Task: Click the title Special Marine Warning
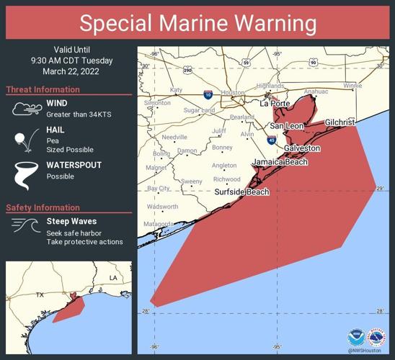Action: pyautogui.click(x=197, y=23)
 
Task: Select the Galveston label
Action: pyautogui.click(x=302, y=148)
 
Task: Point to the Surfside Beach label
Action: pyautogui.click(x=241, y=192)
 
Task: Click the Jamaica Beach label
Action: pyautogui.click(x=279, y=162)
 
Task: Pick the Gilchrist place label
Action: pyautogui.click(x=339, y=123)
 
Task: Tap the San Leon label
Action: pyautogui.click(x=286, y=126)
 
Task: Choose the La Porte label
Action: pyautogui.click(x=274, y=104)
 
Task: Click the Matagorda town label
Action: pyautogui.click(x=158, y=224)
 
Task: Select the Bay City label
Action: pyautogui.click(x=158, y=189)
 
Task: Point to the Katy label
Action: pyautogui.click(x=176, y=90)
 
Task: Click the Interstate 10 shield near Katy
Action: pyautogui.click(x=208, y=94)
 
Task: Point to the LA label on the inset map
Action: pyautogui.click(x=112, y=277)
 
